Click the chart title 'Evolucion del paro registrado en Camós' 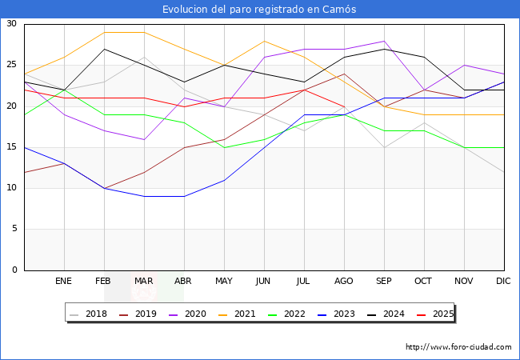(259, 10)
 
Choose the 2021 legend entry (238, 314)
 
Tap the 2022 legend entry (286, 314)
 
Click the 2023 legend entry (334, 314)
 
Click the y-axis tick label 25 (12, 65)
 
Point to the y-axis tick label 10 (12, 188)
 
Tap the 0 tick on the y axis (14, 270)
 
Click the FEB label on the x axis (104, 282)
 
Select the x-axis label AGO (344, 282)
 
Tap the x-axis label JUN (264, 282)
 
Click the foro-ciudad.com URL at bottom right (458, 347)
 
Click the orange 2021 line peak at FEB (104, 33)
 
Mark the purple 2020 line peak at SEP (384, 41)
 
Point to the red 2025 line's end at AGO (344, 106)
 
